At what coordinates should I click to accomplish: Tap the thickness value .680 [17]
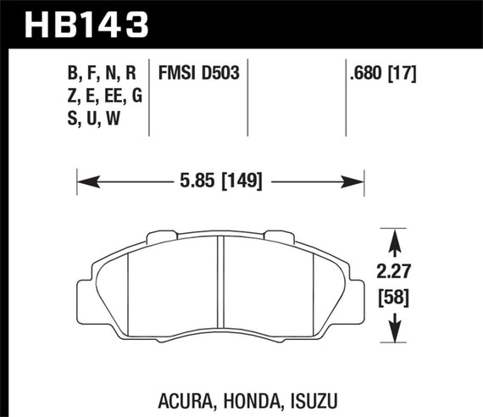click(381, 74)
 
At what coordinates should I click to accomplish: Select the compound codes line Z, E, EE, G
click(102, 97)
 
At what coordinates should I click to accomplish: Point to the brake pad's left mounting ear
click(84, 292)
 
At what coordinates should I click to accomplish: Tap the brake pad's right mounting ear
click(357, 292)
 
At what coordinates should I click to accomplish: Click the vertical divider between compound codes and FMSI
click(149, 97)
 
